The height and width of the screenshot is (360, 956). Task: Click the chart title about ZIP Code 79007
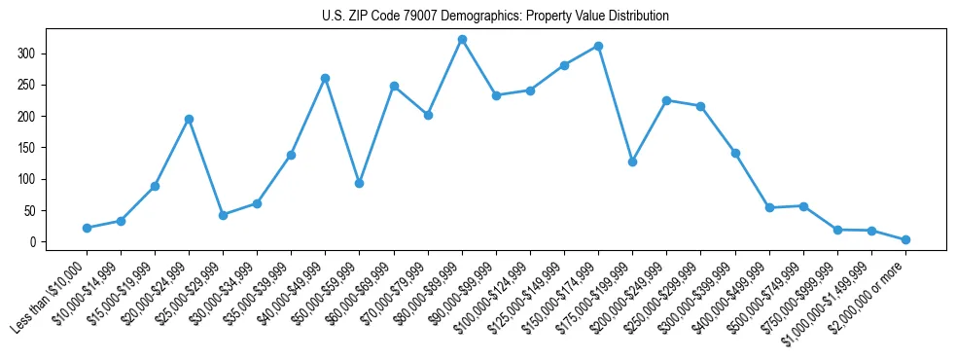tap(495, 17)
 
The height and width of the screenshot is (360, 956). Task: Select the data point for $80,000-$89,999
tap(462, 40)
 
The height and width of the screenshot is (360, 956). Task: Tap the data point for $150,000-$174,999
tap(598, 46)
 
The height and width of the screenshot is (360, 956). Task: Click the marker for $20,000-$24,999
tap(189, 119)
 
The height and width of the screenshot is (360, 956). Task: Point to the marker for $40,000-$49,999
tap(325, 78)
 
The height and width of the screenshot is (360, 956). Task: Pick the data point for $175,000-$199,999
tap(632, 162)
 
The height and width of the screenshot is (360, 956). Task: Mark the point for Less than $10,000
tap(87, 228)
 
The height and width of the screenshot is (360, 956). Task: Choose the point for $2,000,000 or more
tap(905, 239)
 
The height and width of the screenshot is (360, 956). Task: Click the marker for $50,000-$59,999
tap(359, 183)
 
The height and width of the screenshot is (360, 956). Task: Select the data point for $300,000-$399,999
tap(735, 153)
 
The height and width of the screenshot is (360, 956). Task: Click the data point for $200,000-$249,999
tap(666, 100)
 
